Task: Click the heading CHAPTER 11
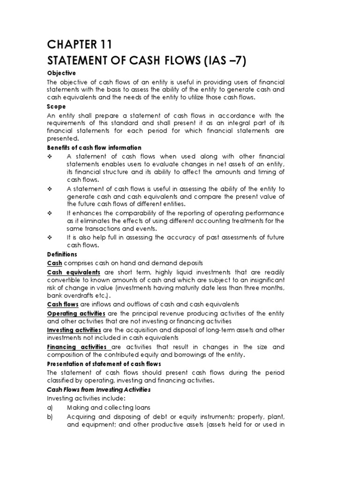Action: coord(80,45)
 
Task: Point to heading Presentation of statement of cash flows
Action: coord(104,364)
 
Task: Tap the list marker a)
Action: coord(51,407)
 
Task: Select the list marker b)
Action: coord(51,416)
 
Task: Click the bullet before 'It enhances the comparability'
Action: coord(50,213)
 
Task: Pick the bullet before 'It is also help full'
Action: coord(50,237)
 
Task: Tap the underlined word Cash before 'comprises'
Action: coord(54,263)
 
